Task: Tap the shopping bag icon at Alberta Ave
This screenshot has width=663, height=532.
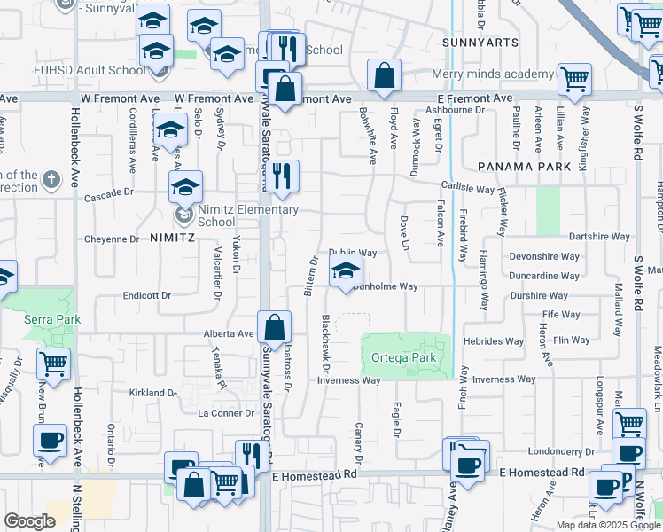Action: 275,327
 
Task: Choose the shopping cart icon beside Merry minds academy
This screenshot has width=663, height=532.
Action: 574,79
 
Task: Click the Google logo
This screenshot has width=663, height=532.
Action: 29,521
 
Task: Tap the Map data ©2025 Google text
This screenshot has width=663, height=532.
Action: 608,525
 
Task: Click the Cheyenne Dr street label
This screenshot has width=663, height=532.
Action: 111,239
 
